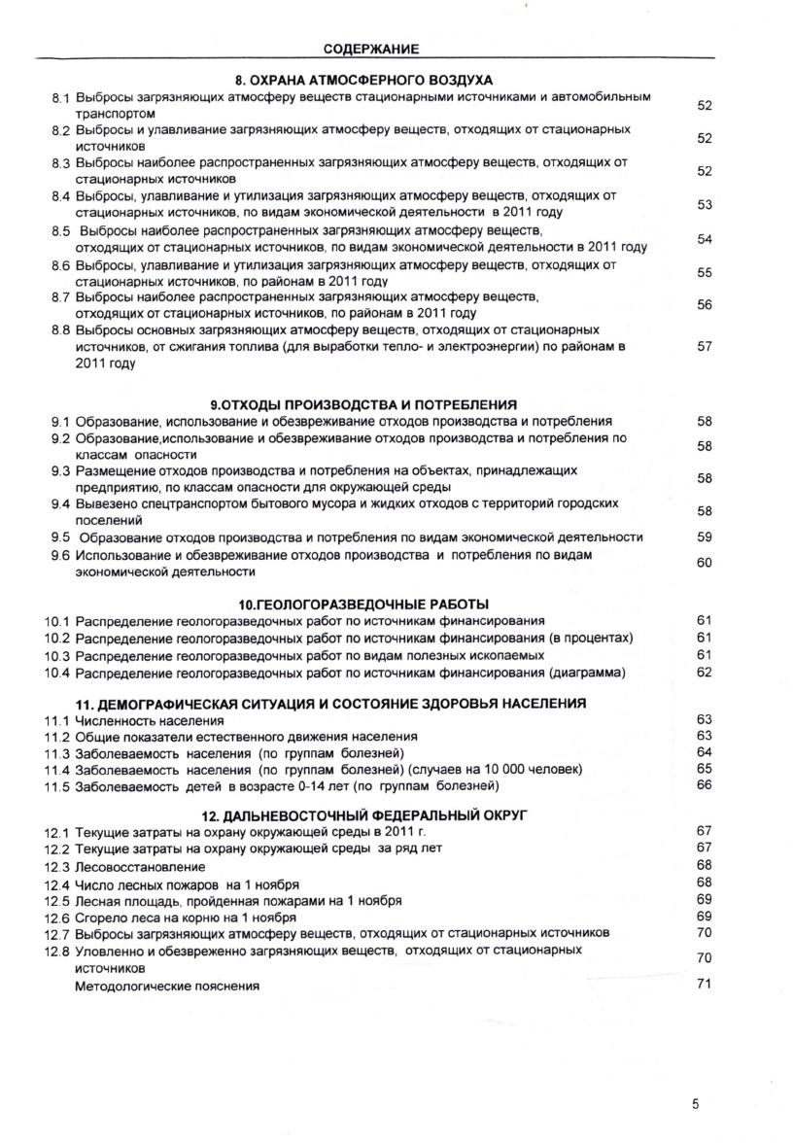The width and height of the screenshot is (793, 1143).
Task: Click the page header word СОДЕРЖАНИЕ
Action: tap(371, 48)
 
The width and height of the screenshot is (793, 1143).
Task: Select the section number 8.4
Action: tap(61, 195)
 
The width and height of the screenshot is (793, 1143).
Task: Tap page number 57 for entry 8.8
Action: tap(706, 346)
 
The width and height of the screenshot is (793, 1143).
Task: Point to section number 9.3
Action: tap(61, 470)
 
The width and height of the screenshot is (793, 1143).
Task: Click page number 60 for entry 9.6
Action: tap(706, 563)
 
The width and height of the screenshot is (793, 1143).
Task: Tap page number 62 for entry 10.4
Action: tap(706, 672)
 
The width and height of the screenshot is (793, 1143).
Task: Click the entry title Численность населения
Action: tap(150, 721)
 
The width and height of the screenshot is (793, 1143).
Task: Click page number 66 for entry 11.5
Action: tap(706, 784)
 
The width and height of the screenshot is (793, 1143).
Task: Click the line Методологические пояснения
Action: tap(168, 987)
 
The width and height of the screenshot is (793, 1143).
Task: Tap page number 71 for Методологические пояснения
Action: tap(706, 985)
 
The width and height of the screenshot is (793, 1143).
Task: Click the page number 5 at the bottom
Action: tap(696, 1104)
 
